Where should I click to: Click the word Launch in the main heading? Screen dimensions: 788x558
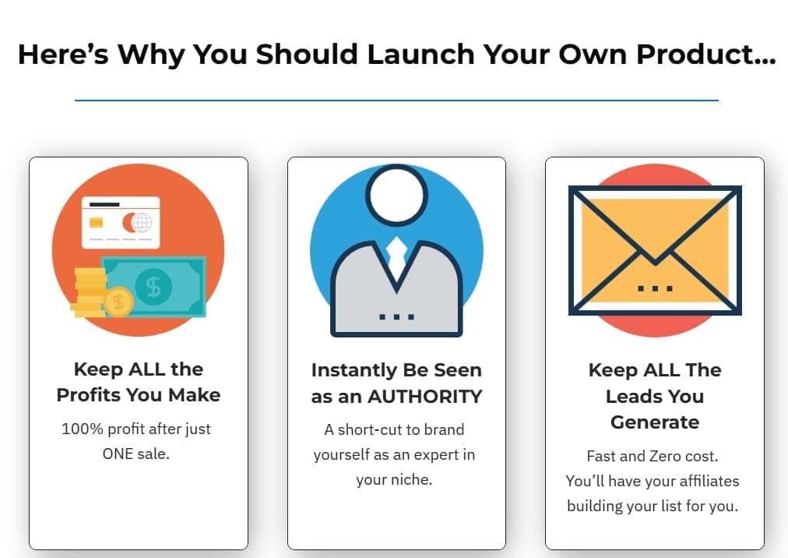420,54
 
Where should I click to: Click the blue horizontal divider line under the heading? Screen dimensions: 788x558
396,100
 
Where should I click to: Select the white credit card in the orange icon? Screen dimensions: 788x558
121,222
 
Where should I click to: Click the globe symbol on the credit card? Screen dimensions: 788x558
142,222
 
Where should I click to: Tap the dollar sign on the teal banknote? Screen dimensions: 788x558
153,288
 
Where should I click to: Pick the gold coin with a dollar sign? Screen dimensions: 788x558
118,302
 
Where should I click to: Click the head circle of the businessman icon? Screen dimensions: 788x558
396,194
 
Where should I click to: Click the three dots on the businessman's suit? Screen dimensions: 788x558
396,317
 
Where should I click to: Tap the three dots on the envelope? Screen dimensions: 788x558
655,288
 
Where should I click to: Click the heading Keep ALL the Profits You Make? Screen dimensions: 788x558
138,382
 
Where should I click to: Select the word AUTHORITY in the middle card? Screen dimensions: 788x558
424,397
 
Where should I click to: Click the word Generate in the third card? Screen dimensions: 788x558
655,422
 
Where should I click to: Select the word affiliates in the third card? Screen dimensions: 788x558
709,481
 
